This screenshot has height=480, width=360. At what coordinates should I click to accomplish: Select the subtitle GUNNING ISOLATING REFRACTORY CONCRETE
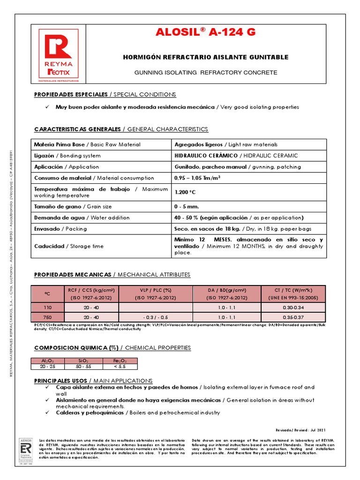(205, 73)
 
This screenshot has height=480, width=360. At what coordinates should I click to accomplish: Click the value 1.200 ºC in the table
(185, 192)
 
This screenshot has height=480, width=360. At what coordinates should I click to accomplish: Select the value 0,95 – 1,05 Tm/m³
(197, 178)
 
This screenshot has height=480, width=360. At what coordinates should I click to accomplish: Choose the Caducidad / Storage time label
(69, 246)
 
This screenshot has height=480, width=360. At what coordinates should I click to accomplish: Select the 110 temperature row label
(47, 307)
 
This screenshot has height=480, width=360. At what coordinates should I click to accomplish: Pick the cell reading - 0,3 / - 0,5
(156, 317)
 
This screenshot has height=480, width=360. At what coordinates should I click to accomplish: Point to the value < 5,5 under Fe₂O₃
(120, 367)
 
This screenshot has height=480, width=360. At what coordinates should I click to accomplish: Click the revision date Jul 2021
(317, 430)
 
